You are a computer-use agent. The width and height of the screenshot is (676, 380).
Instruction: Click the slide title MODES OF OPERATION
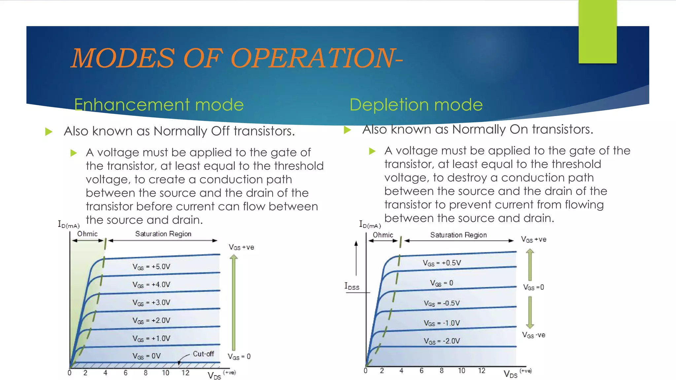(x=236, y=58)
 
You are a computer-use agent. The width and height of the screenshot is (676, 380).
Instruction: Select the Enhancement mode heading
(x=159, y=105)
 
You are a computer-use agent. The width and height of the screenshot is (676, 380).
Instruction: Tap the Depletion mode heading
(x=416, y=105)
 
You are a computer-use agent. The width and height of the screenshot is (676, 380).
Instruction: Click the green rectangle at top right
(x=597, y=32)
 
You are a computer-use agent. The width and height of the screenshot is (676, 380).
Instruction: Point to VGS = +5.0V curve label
(x=151, y=267)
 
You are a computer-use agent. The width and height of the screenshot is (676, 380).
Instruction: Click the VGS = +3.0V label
(x=151, y=302)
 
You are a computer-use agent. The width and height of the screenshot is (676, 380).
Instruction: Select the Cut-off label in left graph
(x=203, y=354)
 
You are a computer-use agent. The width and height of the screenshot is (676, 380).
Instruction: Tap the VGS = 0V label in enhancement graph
(x=147, y=356)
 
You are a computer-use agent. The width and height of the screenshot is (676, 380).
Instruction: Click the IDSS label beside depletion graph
(x=352, y=286)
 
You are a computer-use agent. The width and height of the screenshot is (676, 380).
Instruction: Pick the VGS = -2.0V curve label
(x=442, y=341)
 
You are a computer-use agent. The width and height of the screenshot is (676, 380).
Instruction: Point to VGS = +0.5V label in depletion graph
(x=442, y=263)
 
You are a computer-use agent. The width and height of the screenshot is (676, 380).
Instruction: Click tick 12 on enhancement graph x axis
(x=186, y=373)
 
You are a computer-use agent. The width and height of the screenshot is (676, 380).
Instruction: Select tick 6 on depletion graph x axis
(x=422, y=371)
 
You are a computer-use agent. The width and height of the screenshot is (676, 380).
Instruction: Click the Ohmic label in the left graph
(x=87, y=234)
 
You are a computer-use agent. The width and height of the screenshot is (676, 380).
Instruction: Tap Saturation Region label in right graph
(x=458, y=235)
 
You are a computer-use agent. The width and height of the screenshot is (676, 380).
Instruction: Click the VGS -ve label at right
(x=533, y=335)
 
